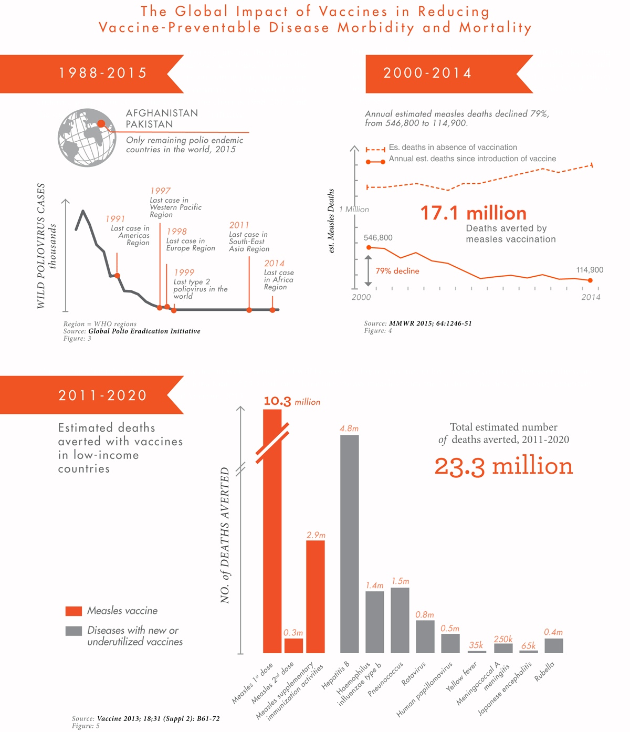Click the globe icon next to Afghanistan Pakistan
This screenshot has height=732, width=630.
[87, 138]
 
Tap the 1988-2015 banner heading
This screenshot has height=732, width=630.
[103, 73]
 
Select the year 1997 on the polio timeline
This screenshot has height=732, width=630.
[160, 191]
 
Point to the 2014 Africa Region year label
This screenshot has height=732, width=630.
[274, 264]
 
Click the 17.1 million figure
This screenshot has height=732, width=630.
[473, 213]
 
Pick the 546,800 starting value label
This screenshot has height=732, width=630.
[378, 238]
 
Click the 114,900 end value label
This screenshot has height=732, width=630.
[590, 270]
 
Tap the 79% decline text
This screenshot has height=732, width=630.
[397, 271]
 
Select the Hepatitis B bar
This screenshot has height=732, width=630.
[349, 543]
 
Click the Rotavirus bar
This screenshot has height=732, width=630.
[425, 636]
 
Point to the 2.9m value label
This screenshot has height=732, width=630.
[316, 535]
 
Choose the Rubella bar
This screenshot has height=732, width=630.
[553, 645]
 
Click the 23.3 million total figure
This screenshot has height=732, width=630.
[503, 466]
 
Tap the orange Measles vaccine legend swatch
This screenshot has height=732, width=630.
[73, 611]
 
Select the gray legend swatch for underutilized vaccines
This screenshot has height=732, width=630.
[73, 631]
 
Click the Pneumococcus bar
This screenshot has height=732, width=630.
[400, 620]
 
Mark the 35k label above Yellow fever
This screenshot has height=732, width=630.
[476, 645]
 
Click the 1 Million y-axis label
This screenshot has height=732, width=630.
[354, 210]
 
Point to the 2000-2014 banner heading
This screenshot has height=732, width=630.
[427, 73]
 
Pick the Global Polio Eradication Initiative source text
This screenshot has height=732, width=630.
[144, 331]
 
